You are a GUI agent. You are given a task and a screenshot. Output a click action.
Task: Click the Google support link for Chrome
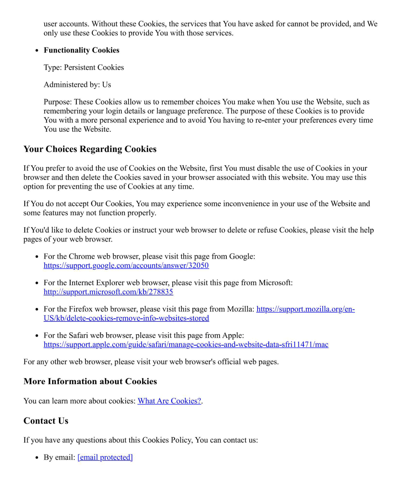click(126, 266)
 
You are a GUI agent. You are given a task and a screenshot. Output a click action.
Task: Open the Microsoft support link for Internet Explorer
click(108, 292)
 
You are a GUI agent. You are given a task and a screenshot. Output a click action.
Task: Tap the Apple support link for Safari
click(186, 344)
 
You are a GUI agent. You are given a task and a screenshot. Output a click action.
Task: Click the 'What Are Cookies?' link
click(169, 401)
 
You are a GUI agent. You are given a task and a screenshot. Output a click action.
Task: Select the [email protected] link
click(105, 457)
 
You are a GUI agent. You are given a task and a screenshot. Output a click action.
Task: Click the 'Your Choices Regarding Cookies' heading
click(90, 149)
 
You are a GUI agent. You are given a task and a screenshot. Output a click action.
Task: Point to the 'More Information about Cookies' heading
click(90, 381)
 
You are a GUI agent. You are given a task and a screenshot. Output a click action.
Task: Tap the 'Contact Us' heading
click(46, 421)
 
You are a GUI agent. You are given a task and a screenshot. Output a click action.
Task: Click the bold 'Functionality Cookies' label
click(81, 50)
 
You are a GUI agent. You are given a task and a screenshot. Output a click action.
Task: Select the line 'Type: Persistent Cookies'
click(84, 67)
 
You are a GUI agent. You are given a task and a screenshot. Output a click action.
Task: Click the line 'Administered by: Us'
click(77, 85)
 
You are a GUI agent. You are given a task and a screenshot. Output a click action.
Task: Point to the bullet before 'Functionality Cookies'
click(37, 51)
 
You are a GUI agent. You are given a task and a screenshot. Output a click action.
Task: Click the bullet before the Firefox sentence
click(37, 310)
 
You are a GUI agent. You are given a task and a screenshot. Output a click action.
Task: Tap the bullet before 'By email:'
click(37, 458)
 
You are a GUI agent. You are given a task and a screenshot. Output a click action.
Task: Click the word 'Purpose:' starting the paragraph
click(58, 102)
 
